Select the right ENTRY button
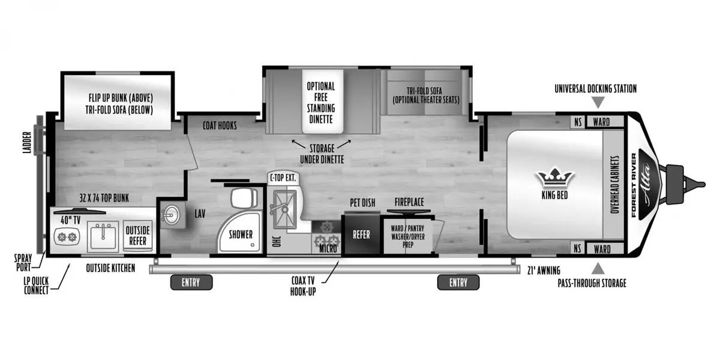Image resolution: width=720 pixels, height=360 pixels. pos(458,282)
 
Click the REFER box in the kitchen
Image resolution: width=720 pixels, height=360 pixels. pos(361,235)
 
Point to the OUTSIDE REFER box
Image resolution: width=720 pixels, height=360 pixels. pos(137,235)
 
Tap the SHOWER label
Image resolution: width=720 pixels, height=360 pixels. pos(241,235)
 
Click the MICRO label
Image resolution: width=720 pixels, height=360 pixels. pos(327,248)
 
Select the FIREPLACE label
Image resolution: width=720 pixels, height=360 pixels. pos(409,203)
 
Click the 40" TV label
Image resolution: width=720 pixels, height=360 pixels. pos(70,220)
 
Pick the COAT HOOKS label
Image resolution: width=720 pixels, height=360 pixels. pos(220,125)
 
